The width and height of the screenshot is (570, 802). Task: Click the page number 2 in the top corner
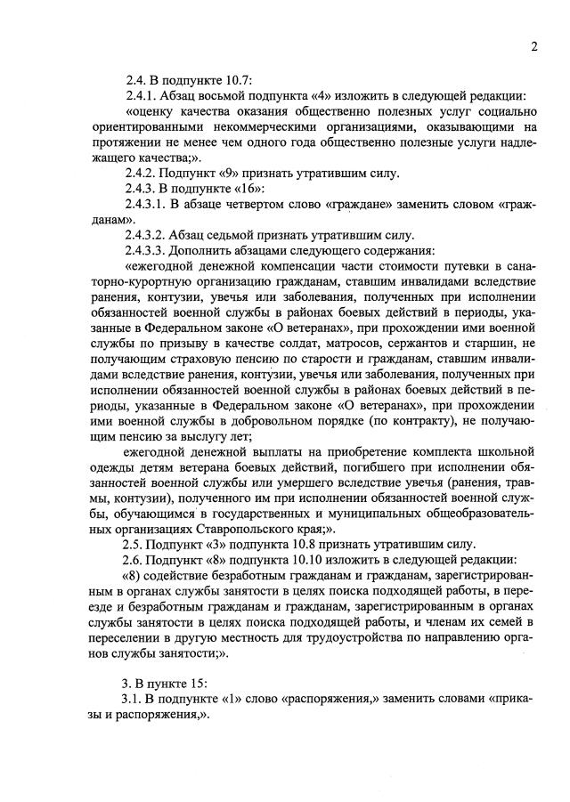coord(533,47)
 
